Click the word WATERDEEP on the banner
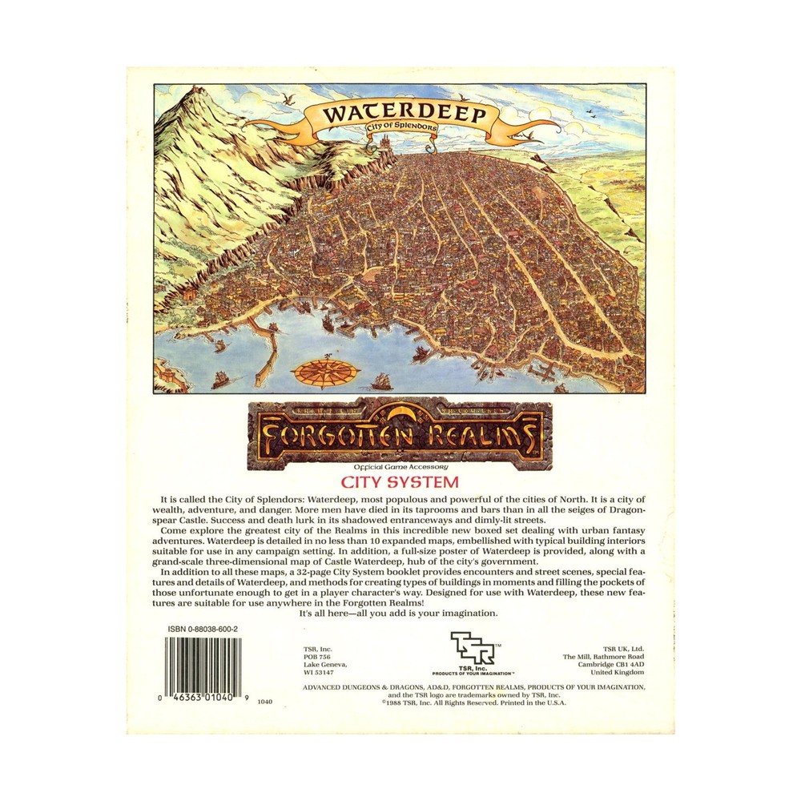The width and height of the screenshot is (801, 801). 405,114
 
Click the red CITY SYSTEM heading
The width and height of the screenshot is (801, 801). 400,482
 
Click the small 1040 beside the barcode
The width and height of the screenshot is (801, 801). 266,701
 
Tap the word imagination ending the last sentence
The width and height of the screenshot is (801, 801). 469,613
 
